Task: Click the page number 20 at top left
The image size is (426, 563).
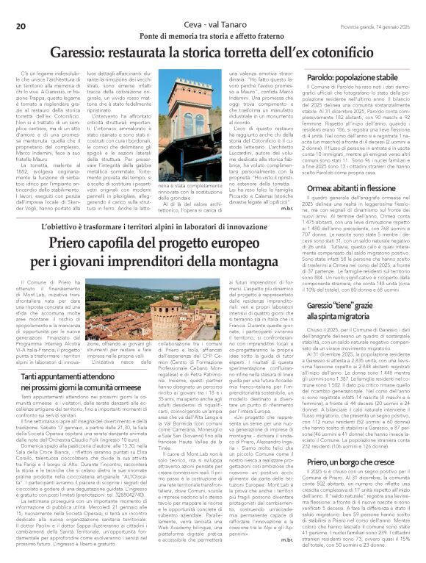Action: [21, 7]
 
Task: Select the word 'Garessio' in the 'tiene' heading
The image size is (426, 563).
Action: [323, 306]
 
